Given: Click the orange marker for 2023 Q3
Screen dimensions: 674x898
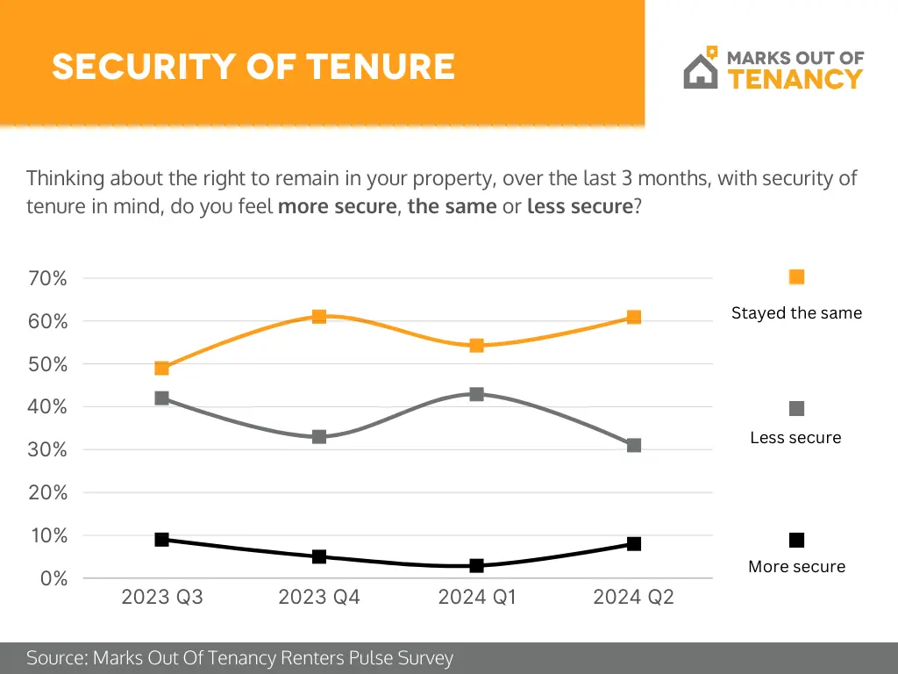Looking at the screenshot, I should coord(161,369).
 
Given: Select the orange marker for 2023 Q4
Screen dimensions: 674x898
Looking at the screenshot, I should coord(319,317).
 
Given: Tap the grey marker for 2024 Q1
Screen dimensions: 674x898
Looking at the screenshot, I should coord(476,394).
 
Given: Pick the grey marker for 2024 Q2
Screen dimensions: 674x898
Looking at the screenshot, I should coord(634,445).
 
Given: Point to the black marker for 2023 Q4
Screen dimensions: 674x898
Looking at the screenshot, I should coord(319,556).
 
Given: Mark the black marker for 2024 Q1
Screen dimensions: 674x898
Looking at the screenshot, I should coord(476,566).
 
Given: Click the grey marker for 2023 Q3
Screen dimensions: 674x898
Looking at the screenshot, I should coord(161,398).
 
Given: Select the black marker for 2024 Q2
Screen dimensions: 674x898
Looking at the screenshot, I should coord(634,543).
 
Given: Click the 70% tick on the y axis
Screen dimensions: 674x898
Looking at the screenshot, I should coord(48,278).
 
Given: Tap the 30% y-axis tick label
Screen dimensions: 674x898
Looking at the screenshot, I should coord(48,449).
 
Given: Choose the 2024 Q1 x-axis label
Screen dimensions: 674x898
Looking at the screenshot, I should coord(477,598).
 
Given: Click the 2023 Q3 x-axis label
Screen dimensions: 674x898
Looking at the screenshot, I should coord(162,598).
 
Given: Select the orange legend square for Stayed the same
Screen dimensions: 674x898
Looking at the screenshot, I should coord(796,277).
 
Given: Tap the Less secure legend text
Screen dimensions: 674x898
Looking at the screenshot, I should coord(795,437).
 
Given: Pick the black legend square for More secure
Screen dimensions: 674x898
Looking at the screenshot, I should coord(796,540).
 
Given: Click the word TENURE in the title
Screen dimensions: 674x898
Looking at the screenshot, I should coord(381,67).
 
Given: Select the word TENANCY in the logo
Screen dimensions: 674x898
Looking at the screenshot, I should coord(795,79).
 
